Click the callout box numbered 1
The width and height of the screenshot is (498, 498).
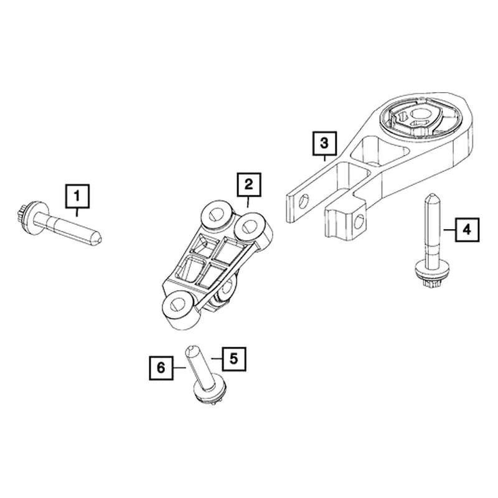coord(77,196)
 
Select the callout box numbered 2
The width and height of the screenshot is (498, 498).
coord(248,184)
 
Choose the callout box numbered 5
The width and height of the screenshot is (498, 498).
coord(233,358)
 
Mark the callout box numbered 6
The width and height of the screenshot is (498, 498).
coord(161,368)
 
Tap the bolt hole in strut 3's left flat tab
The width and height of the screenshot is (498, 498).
coord(303,200)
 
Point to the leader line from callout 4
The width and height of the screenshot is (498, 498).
coord(448,230)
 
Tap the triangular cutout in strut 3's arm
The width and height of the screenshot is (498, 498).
coord(365,149)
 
